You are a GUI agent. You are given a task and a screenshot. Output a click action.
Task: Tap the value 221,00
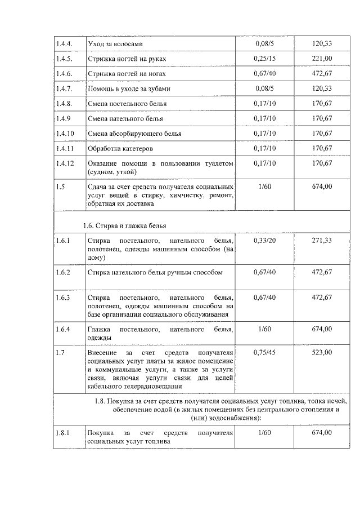(322, 59)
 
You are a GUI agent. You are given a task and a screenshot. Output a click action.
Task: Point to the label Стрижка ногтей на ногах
(127, 74)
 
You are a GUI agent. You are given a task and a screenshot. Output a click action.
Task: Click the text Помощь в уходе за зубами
(129, 88)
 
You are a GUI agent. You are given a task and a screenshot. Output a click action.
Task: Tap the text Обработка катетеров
(120, 148)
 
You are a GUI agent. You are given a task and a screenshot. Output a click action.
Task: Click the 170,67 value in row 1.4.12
(322, 163)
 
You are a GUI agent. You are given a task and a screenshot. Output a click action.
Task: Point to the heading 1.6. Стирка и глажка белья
(124, 225)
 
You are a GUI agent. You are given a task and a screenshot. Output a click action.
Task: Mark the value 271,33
(322, 241)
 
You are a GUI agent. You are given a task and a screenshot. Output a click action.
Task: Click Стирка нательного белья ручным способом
(155, 272)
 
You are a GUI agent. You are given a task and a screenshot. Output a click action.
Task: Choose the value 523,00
(322, 352)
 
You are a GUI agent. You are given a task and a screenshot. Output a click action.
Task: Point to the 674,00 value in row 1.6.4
(322, 329)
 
